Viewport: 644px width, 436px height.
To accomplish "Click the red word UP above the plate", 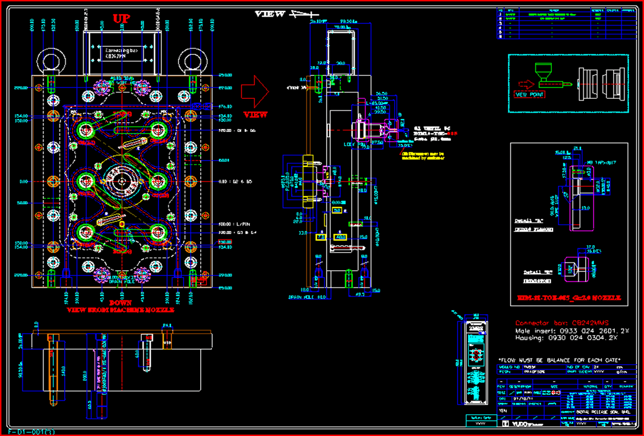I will pyautogui.click(x=121, y=18).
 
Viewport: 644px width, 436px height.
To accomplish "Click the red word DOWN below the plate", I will pyautogui.click(x=121, y=303).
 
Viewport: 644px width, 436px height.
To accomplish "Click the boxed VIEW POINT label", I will pyautogui.click(x=530, y=95).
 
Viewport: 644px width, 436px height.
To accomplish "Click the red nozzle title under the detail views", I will pyautogui.click(x=569, y=298).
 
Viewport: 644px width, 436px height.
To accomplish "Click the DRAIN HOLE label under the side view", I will pyautogui.click(x=303, y=297).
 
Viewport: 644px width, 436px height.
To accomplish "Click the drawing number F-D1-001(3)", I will pyautogui.click(x=32, y=431).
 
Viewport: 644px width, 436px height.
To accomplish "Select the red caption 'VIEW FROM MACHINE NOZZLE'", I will pyautogui.click(x=120, y=310).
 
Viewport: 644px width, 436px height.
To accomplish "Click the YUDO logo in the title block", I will pyautogui.click(x=516, y=425).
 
